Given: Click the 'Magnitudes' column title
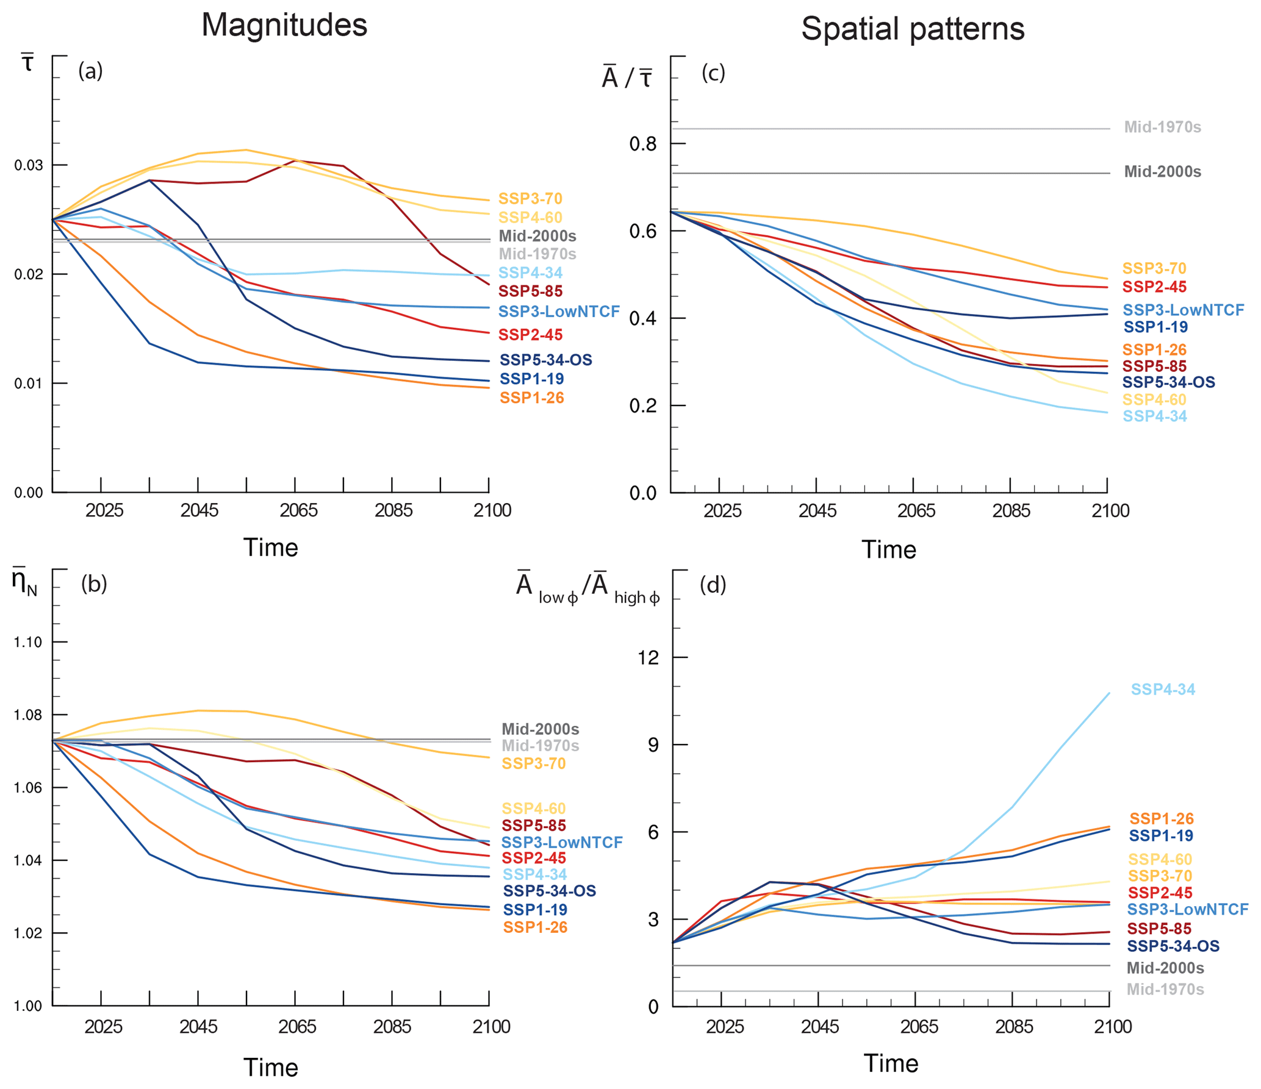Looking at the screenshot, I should point(284,26).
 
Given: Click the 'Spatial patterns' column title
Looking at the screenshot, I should point(912,29).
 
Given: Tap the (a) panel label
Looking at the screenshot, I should point(90,71).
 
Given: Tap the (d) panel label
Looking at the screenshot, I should point(713,585).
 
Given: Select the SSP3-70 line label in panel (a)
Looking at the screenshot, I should point(530,199).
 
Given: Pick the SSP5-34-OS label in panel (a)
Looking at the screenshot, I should point(545,360).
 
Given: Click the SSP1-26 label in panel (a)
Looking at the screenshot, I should point(531,398).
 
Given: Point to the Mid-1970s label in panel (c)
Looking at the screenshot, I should point(1162,127).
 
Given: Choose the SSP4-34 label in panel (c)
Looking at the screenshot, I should point(1154,416).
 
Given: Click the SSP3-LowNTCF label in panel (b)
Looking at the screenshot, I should point(561,842).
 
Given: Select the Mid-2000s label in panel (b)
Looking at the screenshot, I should point(540,729).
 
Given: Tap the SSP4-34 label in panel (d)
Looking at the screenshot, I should point(1162,689).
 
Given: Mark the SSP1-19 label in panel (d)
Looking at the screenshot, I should point(1160,835).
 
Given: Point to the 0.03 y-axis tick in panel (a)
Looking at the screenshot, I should point(29,166).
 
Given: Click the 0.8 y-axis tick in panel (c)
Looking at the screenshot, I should point(642,144).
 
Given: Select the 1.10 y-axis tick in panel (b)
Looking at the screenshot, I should point(28,642).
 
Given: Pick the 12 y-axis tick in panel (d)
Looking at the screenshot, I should point(648,657).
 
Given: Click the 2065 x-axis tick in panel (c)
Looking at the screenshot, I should point(916,511).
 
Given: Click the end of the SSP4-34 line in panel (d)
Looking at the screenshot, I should point(1108,693).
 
